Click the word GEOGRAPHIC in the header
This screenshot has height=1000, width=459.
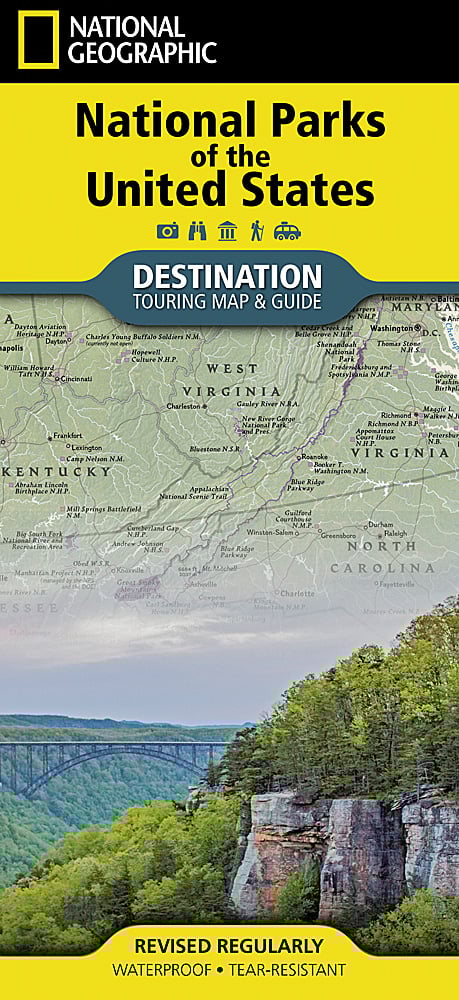coord(140,52)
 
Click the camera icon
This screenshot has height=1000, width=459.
coord(167,231)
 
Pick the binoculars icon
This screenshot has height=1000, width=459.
coord(197,231)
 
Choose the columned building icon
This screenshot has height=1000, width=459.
coord(227,231)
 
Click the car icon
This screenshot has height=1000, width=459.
coord(287,231)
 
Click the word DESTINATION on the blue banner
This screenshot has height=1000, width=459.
coord(228,275)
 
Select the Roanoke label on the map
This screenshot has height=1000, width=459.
coord(315,456)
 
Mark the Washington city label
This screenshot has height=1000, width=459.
coord(393,327)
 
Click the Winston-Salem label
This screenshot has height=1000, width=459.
coord(267,531)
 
